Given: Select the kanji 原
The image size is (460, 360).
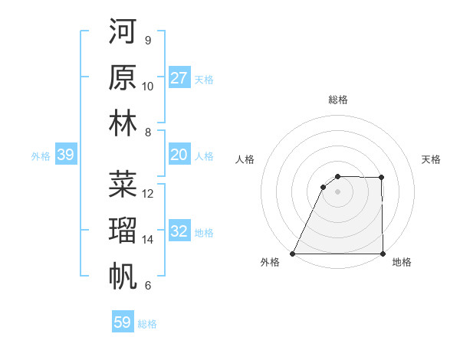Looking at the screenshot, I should click(123, 77).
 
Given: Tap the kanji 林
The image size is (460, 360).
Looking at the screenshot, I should click(123, 123).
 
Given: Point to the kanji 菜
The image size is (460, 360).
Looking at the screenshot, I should click(123, 184).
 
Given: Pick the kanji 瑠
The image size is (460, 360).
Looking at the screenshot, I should click(123, 230).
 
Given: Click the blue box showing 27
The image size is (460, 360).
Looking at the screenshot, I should click(179, 77).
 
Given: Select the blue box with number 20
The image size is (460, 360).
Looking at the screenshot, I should click(179, 155).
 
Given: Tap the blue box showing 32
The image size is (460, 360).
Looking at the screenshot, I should click(179, 231).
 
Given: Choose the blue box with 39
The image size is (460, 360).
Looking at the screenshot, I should click(65, 155).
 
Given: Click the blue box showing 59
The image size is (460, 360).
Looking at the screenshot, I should click(122, 322).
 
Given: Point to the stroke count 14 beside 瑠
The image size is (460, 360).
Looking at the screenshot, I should click(148, 240).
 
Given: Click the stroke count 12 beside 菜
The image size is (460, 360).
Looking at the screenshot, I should click(148, 194).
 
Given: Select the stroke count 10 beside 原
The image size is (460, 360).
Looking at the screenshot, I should click(148, 87).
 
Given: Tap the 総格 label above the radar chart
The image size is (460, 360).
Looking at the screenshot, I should click(337, 100).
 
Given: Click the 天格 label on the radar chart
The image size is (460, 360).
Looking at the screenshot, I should click(432, 159).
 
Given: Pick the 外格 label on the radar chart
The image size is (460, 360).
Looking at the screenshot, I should click(270, 263).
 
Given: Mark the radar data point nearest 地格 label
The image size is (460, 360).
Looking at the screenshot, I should click(382, 254).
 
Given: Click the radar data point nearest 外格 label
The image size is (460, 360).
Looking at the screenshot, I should click(292, 254).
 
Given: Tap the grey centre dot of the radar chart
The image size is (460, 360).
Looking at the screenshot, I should click(337, 191).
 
